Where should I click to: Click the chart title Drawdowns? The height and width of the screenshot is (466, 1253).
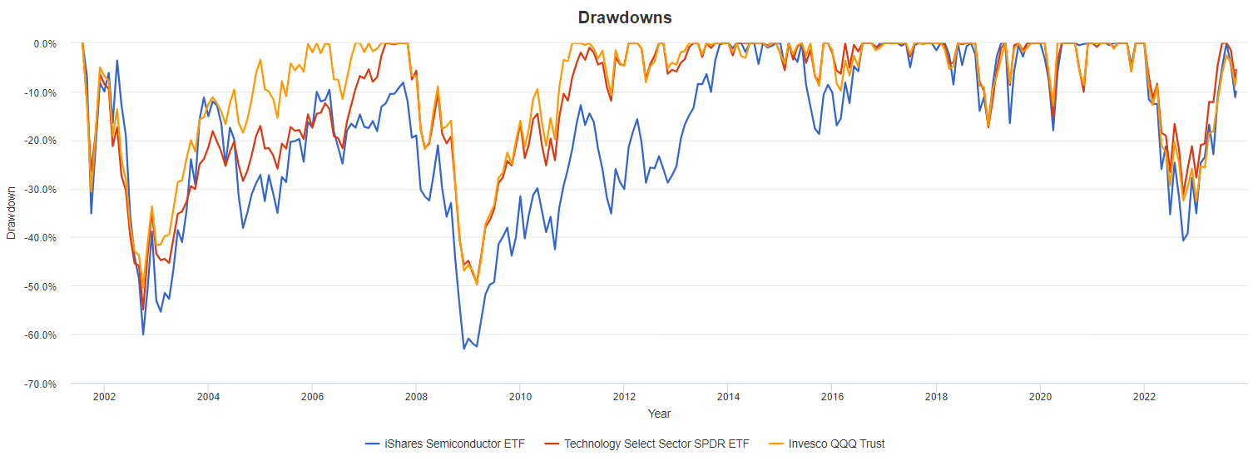[625, 17]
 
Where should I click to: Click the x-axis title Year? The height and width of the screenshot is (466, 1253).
[659, 414]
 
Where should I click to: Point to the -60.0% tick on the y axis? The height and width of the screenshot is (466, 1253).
[39, 335]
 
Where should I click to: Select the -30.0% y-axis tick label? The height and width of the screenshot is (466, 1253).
[39, 190]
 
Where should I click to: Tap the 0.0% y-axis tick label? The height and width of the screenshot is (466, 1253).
[42, 43]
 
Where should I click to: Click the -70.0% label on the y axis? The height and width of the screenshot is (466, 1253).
[39, 384]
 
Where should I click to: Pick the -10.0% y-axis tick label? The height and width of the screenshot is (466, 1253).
[39, 92]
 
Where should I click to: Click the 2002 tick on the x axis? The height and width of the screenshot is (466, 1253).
[103, 397]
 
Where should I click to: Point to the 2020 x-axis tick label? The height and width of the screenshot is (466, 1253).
[1040, 397]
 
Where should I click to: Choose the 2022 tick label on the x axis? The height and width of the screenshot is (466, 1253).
[1144, 397]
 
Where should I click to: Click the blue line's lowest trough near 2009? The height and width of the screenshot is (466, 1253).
[464, 348]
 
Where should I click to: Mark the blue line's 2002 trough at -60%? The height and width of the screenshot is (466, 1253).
[143, 335]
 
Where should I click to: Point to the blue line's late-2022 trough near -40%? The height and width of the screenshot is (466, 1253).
[1183, 240]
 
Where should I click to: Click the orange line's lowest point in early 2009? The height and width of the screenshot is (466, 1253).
[477, 285]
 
